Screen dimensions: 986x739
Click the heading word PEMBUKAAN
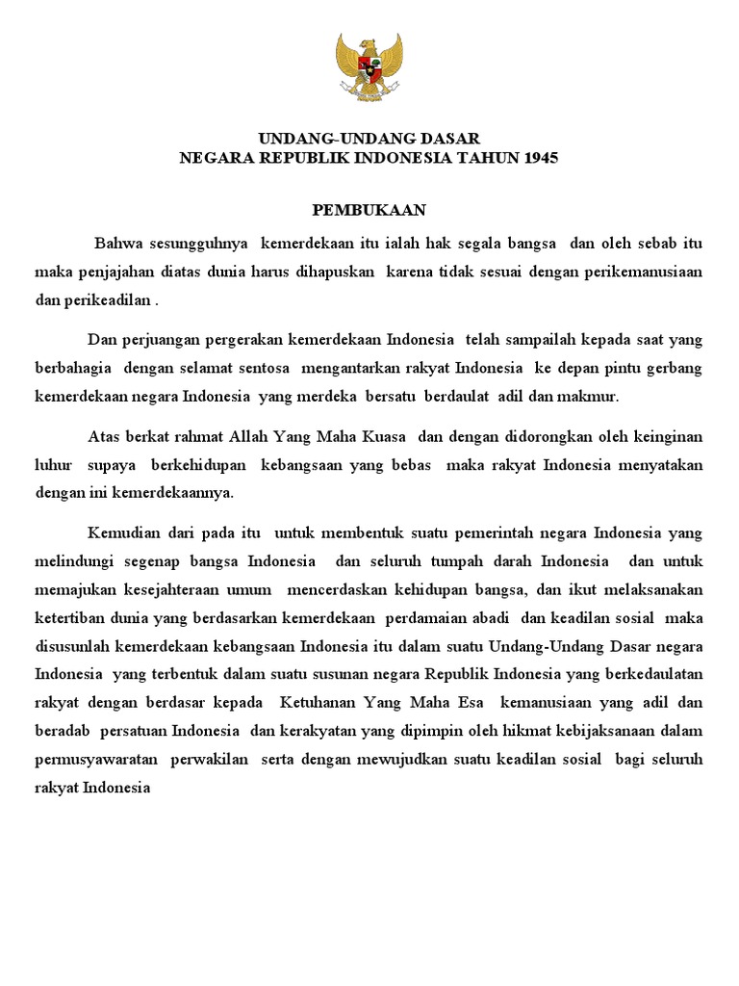(x=369, y=209)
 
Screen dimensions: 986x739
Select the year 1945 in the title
(x=540, y=158)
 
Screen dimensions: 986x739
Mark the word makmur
(x=596, y=396)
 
